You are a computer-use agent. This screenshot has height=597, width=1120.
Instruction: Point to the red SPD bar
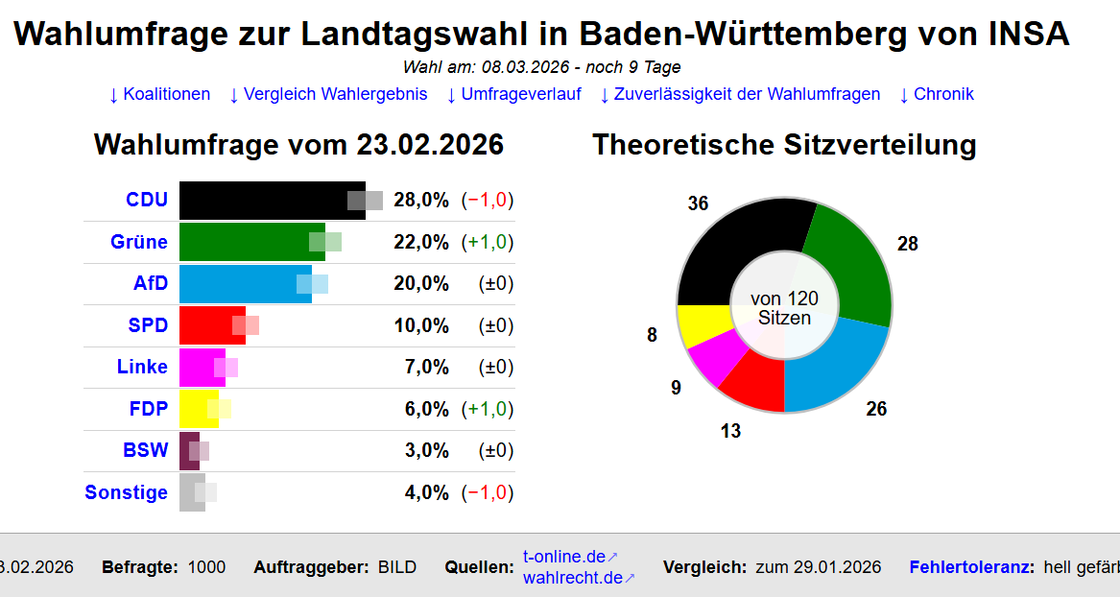(205, 325)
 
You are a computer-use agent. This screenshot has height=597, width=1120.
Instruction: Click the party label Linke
(142, 367)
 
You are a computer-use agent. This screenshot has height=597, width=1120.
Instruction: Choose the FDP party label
(148, 409)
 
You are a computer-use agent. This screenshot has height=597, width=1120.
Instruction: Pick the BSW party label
(145, 450)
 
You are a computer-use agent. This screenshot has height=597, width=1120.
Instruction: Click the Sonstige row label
(126, 492)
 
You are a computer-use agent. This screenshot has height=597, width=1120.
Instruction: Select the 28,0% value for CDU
(420, 201)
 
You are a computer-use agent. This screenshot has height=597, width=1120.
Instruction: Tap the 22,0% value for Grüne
(420, 242)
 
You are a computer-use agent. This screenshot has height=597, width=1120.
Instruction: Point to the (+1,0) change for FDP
(488, 409)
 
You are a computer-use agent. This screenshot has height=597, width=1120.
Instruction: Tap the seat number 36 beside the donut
(698, 203)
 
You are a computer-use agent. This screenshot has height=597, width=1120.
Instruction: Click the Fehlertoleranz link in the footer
(971, 567)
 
